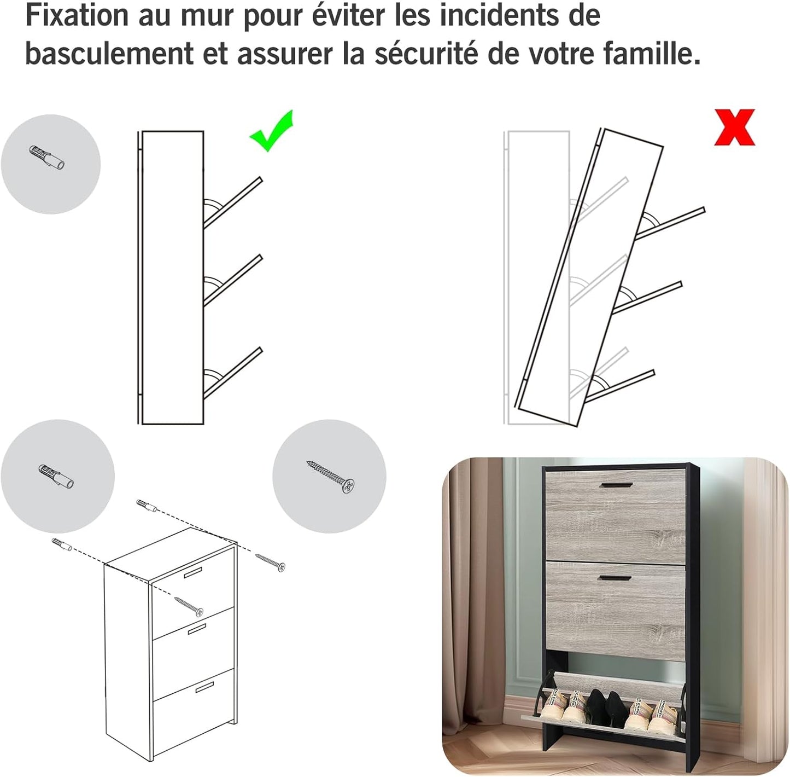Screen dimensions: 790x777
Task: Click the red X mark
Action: (734, 127)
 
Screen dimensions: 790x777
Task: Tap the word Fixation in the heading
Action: (77, 16)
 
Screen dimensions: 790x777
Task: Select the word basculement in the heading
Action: (109, 54)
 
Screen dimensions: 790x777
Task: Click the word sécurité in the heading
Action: (427, 54)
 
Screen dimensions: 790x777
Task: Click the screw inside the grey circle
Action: (330, 477)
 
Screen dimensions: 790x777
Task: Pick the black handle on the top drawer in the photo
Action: (616, 485)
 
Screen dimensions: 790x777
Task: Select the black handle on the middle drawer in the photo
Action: (615, 578)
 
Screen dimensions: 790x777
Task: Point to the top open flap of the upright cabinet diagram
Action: (232, 203)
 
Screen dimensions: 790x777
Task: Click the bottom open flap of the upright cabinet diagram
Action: (232, 373)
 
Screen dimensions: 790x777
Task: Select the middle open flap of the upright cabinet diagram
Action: (232, 281)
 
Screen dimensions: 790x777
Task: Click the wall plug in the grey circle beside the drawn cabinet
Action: (56, 476)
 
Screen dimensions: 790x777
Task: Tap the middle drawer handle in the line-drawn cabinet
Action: (197, 629)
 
